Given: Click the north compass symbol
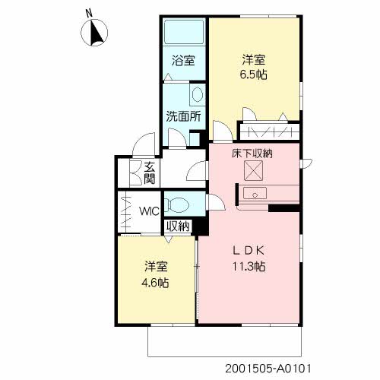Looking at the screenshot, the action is coord(94,33).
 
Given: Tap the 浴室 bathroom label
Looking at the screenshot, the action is coord(183,61).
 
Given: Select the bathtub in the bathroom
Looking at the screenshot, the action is coord(184,32).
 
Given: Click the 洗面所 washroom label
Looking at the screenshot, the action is coord(183,116).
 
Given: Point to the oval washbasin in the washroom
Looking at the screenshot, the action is coord(198,95).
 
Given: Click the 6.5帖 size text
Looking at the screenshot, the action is coord(253,74).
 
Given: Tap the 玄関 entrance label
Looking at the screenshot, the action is coord(150,173).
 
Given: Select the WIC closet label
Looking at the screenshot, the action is coord(149,211).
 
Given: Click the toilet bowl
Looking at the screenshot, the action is coord(176,204).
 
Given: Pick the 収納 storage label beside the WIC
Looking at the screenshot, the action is coord(178,226).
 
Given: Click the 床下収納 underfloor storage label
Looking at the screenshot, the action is coord(252,154).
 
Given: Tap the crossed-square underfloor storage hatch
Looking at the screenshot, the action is coord(253,171).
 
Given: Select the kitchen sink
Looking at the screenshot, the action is coord(255,194).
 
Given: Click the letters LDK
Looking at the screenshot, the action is coord(249,251).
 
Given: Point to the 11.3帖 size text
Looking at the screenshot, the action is coord(249,267).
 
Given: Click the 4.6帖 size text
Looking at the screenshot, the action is coord(155,283).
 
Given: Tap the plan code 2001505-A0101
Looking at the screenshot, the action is coord(268,369).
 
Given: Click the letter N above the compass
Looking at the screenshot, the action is coord(89,13).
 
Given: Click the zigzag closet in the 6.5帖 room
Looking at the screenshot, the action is coord(270,131).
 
